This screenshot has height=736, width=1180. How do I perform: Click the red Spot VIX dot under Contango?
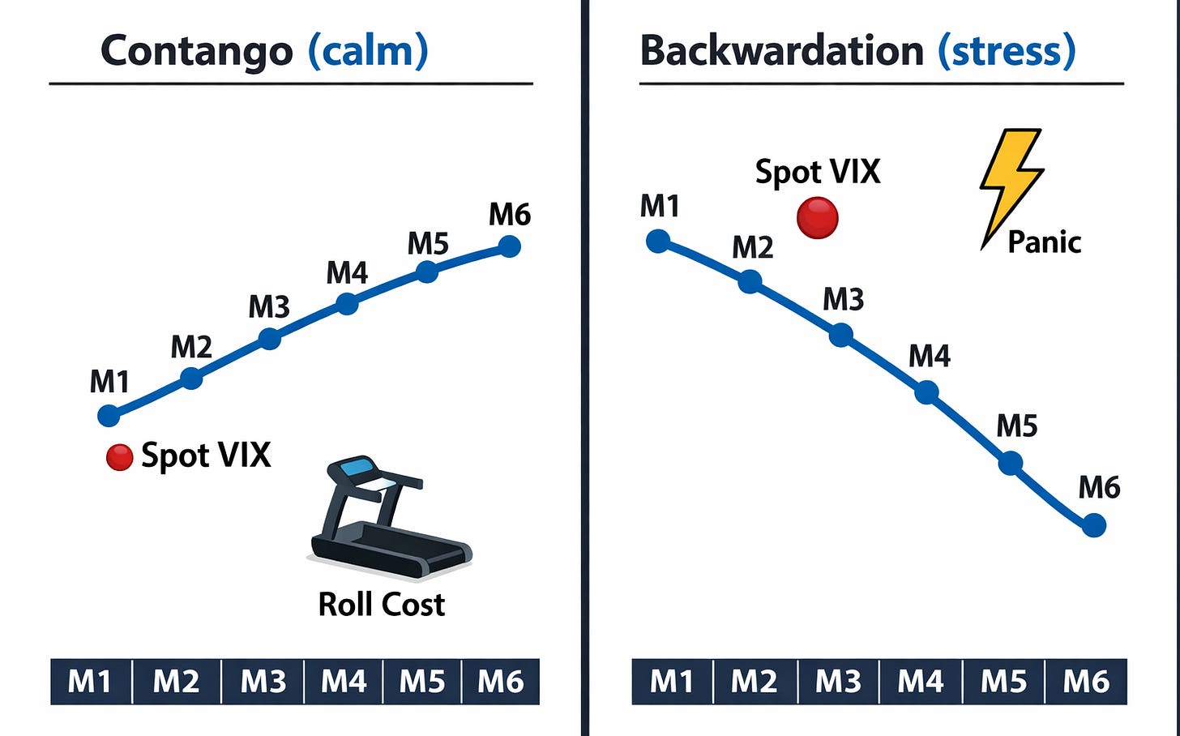(119, 457)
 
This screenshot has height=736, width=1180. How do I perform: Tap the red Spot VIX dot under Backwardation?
(817, 218)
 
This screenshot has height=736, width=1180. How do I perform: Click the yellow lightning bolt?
(1009, 183)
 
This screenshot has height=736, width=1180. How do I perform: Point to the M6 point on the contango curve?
(509, 246)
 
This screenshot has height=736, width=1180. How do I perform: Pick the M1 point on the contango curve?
(109, 416)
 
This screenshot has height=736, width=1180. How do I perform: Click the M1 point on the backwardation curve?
(658, 241)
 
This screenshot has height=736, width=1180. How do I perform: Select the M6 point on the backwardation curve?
(1094, 526)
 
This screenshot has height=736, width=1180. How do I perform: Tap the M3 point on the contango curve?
(269, 339)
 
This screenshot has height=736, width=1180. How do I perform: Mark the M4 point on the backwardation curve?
(926, 393)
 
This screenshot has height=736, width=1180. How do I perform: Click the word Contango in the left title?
(196, 51)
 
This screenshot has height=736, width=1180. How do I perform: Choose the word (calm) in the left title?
(368, 51)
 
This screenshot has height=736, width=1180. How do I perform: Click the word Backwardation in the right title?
(781, 51)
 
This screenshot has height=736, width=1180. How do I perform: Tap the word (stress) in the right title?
(1007, 51)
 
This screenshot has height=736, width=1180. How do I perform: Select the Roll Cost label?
(381, 605)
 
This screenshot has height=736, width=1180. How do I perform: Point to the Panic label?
(1044, 242)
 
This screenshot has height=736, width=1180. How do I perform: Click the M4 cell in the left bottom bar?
(344, 682)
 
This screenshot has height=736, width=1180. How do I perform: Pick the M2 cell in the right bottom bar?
(755, 682)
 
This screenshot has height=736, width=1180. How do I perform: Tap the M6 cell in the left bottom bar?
(500, 682)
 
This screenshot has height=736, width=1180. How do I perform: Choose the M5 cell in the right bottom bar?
(1003, 682)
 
